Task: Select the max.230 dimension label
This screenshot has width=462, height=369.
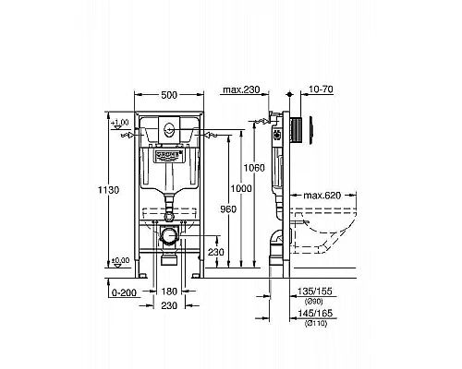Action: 241,89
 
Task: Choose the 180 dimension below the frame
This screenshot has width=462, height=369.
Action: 168,292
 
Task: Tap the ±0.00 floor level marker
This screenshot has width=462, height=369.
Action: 119,261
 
